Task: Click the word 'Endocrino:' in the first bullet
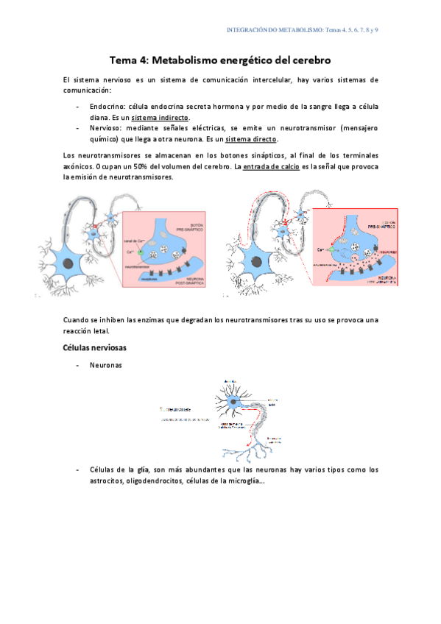tap(110, 107)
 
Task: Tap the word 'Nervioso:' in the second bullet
tap(107, 128)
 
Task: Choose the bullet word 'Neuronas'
tap(107, 365)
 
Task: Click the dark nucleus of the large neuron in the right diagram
tap(258, 262)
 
